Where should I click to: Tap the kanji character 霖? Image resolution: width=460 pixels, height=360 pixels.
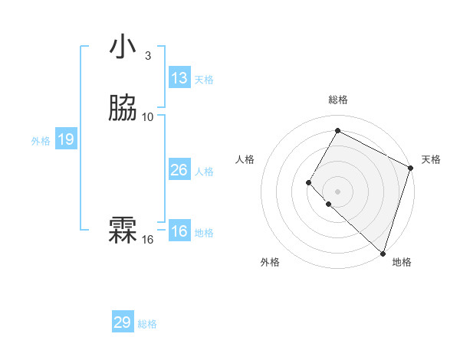(123, 228)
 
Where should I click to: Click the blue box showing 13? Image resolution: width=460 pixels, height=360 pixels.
(179, 77)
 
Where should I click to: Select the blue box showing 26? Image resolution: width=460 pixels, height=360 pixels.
(179, 169)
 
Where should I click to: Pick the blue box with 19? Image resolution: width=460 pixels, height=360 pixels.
(66, 139)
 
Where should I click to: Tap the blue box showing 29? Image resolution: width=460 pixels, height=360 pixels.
(123, 322)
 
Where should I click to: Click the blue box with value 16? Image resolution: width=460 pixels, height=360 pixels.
(179, 231)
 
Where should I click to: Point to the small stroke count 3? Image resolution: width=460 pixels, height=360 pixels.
(147, 56)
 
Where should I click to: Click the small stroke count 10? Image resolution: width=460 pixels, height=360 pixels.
(148, 117)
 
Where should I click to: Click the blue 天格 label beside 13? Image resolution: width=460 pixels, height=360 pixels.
(204, 79)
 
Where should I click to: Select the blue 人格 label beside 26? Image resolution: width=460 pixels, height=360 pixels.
(204, 171)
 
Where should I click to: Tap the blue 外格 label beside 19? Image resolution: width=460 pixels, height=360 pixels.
(41, 141)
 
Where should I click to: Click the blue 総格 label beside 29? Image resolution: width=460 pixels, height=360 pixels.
(148, 324)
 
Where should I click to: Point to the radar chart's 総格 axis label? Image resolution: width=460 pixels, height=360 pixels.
(337, 100)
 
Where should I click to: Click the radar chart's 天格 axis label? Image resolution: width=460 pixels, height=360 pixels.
(431, 159)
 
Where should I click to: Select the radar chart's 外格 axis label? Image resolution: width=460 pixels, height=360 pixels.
(270, 262)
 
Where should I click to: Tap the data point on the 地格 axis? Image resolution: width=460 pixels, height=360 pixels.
(383, 254)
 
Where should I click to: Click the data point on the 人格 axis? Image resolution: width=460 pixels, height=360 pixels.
(308, 182)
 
